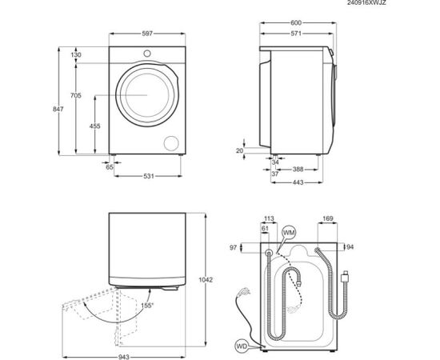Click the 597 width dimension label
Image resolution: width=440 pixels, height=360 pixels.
click(147, 34)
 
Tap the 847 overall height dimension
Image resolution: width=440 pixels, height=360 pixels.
click(58, 109)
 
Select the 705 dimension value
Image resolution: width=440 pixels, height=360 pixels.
click(76, 95)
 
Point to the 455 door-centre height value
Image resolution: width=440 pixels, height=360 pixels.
click(95, 126)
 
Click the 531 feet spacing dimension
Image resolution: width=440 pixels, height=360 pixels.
click(149, 176)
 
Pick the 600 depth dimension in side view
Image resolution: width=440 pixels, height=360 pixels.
click(296, 22)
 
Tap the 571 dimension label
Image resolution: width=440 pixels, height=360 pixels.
click(296, 34)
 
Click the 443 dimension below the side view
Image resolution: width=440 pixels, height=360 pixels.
click(298, 182)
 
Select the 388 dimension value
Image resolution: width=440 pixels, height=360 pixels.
click(298, 169)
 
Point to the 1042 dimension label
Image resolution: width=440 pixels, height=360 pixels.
click(206, 280)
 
